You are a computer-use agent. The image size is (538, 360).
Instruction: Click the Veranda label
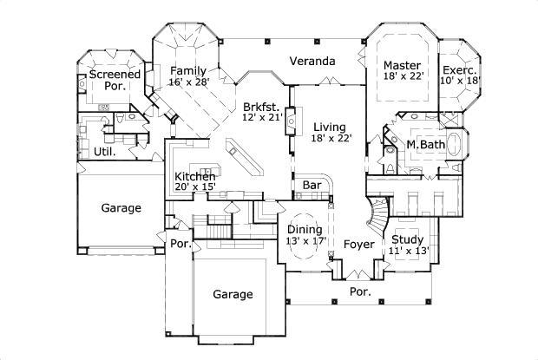pos(312,62)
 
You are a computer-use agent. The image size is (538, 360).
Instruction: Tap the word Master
pos(402,65)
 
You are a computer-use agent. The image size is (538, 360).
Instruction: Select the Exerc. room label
pos(459,70)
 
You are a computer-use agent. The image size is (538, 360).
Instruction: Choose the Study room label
pos(407,240)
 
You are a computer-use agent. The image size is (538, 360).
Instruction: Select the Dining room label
pos(306,229)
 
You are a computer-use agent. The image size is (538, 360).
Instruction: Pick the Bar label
pos(312,186)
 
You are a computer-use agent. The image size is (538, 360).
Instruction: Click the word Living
pos(330,127)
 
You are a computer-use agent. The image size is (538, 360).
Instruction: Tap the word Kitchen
pos(195,176)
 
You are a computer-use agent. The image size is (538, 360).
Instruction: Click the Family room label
pos(188,70)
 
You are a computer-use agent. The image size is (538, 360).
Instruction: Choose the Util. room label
pos(106,151)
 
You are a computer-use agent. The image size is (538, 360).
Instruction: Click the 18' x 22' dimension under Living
pos(330,138)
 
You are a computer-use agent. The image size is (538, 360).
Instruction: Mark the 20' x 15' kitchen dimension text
pos(195,187)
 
